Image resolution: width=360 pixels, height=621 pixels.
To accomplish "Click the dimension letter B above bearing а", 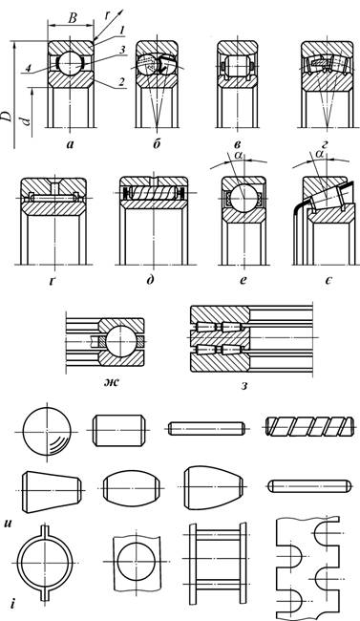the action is (72, 18).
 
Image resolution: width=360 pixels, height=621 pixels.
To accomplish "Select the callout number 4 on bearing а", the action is (28, 69).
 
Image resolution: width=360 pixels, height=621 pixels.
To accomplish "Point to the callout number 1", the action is (123, 31).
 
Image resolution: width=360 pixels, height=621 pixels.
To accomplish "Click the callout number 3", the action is (123, 50).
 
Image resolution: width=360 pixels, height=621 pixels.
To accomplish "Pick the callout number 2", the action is (123, 82).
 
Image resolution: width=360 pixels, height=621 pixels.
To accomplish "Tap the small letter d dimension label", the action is (26, 120).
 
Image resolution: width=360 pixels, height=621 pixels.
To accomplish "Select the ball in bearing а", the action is (71, 62).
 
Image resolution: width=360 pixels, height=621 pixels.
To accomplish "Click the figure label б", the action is (157, 144).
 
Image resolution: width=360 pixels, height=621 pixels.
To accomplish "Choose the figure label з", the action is (244, 385).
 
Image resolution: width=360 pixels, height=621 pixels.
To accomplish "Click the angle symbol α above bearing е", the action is (238, 155).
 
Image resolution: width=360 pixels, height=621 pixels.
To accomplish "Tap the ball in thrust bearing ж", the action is (120, 341).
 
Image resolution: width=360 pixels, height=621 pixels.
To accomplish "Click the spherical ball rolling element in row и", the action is (47, 431).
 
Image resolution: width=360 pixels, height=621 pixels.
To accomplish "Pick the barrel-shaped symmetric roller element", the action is (133, 486).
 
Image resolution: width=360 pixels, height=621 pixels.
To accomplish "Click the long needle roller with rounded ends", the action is (309, 486).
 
